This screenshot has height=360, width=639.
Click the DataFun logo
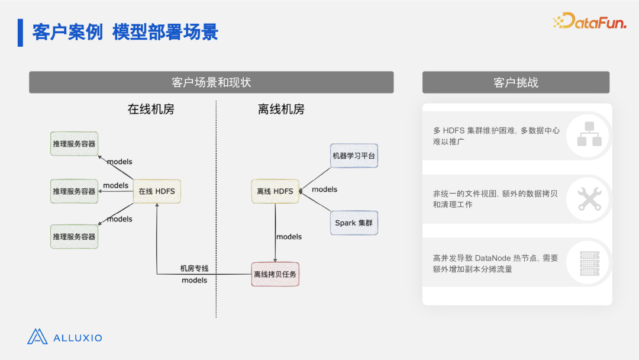(x=589, y=21)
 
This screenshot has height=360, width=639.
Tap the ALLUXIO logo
(x=65, y=337)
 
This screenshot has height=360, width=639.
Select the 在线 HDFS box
(x=157, y=191)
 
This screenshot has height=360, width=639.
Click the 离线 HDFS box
(x=275, y=191)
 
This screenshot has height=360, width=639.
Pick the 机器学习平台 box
(x=354, y=156)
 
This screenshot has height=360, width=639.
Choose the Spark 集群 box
(x=354, y=223)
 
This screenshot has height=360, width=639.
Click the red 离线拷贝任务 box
(x=275, y=274)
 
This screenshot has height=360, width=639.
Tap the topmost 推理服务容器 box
(x=74, y=143)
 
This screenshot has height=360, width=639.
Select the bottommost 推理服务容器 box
(x=74, y=236)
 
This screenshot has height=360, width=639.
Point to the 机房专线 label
(x=195, y=268)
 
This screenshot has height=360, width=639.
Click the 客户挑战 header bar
(x=516, y=82)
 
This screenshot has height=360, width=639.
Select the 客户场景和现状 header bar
(x=211, y=82)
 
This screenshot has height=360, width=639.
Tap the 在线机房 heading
(x=151, y=110)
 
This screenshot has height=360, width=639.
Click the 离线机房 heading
(x=281, y=110)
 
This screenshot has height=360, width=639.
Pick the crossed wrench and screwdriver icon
(x=589, y=199)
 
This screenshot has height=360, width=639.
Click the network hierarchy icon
(x=589, y=134)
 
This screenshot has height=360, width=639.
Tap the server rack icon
(x=589, y=263)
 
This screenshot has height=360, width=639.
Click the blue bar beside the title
(x=20, y=33)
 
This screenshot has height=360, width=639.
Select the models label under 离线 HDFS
(x=289, y=236)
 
